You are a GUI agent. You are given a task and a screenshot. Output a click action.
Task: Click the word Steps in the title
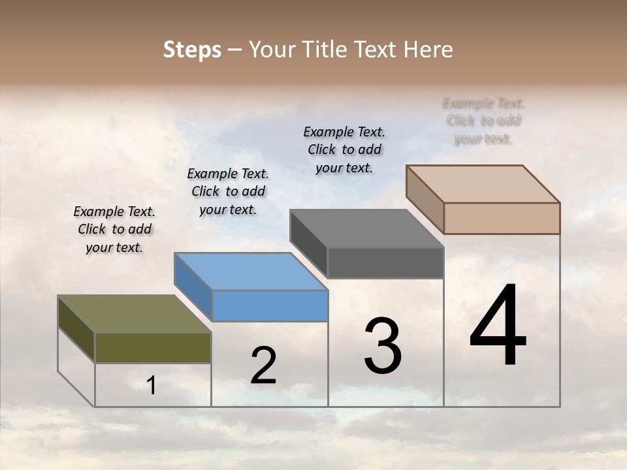pyautogui.click(x=192, y=50)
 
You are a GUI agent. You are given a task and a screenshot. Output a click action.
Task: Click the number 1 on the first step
pyautogui.click(x=152, y=386)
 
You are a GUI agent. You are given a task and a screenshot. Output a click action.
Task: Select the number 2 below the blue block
pyautogui.click(x=263, y=366)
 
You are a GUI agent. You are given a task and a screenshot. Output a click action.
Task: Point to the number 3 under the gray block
pyautogui.click(x=383, y=346)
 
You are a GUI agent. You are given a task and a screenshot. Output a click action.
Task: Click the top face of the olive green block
pyautogui.click(x=134, y=314)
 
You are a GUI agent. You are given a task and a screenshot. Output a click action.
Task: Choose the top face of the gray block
pyautogui.click(x=366, y=228)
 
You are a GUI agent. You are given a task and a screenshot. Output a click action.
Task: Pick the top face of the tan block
pyautogui.click(x=483, y=184)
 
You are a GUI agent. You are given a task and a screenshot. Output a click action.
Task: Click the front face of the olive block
pyautogui.click(x=153, y=347)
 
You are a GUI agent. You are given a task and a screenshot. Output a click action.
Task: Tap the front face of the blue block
pyautogui.click(x=270, y=305)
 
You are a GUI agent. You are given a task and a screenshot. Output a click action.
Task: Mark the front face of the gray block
pyautogui.click(x=385, y=263)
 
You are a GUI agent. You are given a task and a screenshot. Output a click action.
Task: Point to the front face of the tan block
pyautogui.click(x=502, y=218)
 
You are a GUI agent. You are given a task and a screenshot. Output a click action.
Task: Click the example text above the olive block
pyautogui.click(x=114, y=229)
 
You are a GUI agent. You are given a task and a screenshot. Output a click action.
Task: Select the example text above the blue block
pyautogui.click(x=228, y=191)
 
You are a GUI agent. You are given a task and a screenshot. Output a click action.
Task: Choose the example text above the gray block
pyautogui.click(x=344, y=149)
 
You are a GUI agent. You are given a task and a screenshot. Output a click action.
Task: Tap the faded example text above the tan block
pyautogui.click(x=483, y=121)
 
